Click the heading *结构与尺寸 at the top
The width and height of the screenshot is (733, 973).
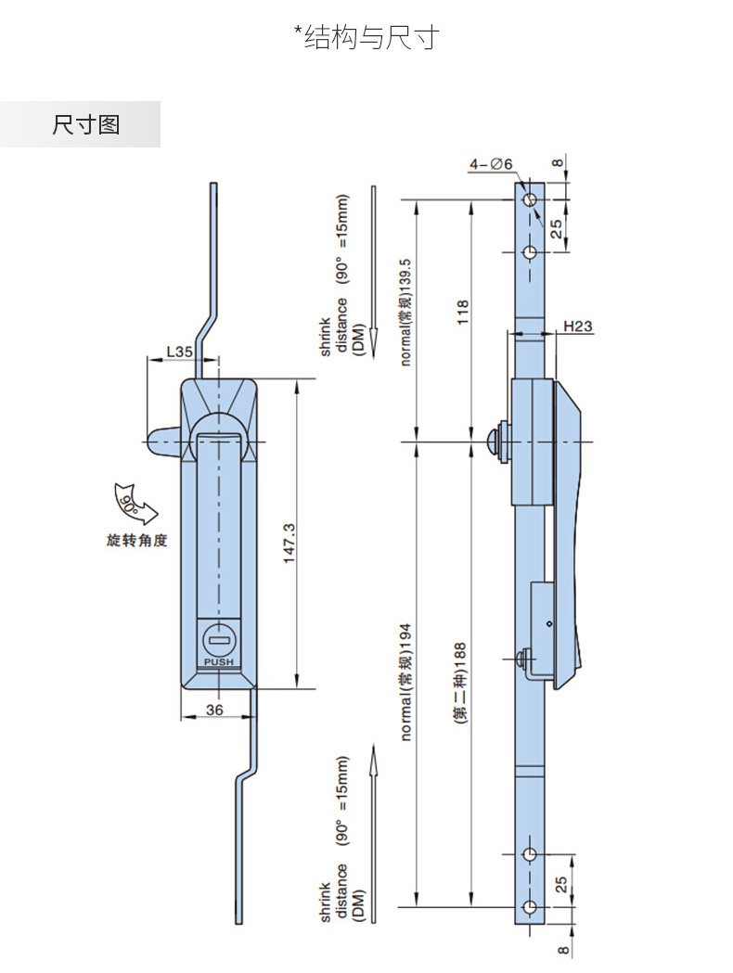[366, 37]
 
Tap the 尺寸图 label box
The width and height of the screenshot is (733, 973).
[85, 124]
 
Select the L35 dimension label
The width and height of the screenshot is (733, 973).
[178, 352]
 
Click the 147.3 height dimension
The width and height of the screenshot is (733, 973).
[289, 542]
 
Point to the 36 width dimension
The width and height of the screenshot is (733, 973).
[213, 710]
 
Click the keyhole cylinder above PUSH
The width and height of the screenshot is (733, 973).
[219, 639]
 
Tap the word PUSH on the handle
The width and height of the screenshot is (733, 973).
[219, 661]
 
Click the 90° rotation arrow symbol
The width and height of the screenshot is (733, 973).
[129, 505]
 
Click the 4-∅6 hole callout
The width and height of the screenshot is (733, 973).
[491, 164]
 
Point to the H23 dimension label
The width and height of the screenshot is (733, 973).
[578, 326]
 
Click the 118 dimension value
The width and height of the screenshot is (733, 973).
[463, 313]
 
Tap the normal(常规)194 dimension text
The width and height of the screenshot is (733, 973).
[405, 681]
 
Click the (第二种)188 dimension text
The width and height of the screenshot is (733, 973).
[460, 682]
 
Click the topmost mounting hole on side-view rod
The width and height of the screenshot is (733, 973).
[529, 201]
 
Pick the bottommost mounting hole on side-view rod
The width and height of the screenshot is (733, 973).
[529, 906]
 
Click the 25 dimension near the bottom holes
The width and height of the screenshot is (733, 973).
[559, 883]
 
